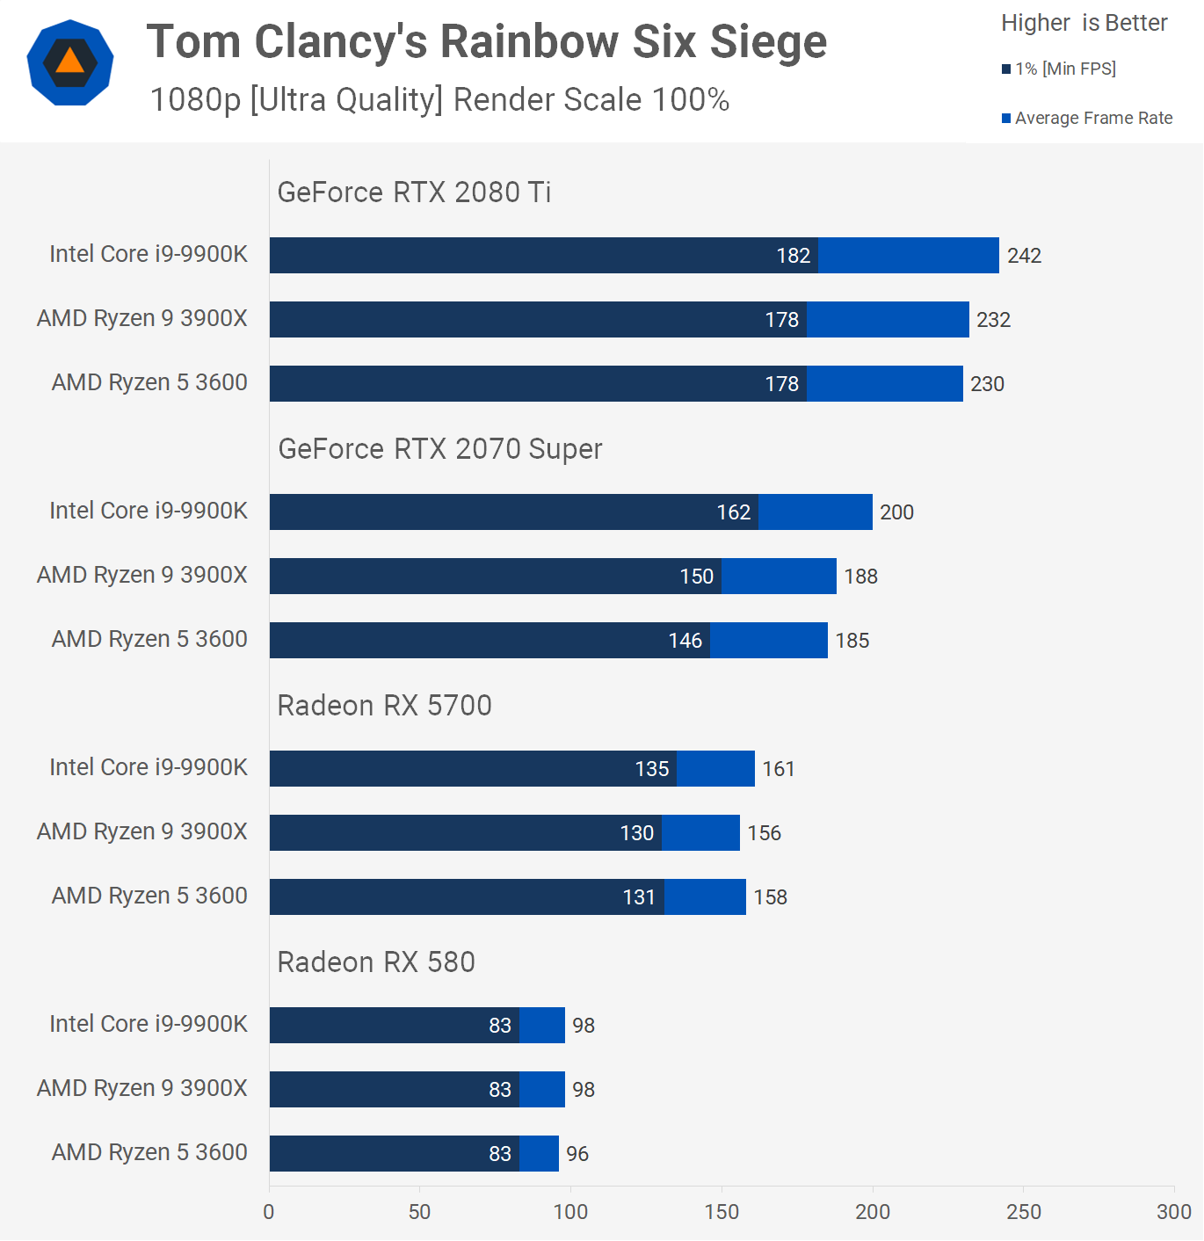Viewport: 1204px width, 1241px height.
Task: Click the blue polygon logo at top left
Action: click(70, 62)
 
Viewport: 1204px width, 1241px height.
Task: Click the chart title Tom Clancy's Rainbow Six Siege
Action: click(486, 42)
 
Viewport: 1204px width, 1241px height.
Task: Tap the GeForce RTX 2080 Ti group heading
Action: click(414, 192)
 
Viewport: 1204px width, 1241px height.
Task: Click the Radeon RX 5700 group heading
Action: click(384, 706)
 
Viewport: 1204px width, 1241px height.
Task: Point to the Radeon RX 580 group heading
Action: click(376, 962)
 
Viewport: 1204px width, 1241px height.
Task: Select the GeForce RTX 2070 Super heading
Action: click(439, 449)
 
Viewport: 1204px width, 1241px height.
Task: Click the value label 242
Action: click(1024, 256)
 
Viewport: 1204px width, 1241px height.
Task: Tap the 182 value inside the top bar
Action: click(793, 256)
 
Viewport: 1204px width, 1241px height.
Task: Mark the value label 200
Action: click(896, 512)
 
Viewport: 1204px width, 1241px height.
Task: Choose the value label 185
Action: click(852, 641)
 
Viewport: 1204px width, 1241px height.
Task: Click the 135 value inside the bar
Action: click(652, 769)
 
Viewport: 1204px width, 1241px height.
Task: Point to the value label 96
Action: click(577, 1154)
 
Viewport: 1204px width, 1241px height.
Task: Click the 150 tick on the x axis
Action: click(722, 1212)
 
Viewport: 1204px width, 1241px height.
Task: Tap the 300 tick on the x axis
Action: click(1174, 1212)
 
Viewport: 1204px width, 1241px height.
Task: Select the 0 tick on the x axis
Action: click(269, 1212)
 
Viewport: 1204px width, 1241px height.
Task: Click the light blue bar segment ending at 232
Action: click(888, 320)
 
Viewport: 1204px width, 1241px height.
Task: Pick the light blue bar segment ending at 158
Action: click(705, 897)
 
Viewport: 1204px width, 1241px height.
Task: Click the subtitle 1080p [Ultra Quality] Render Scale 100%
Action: click(439, 100)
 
